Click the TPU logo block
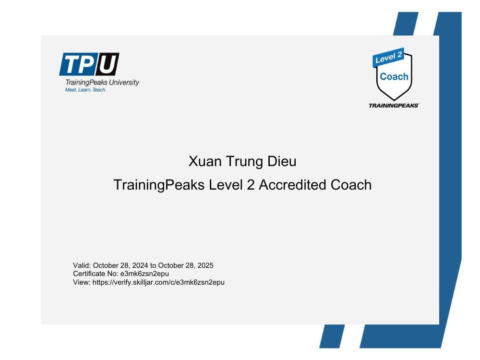tap(89, 64)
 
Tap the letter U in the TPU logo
tap(107, 64)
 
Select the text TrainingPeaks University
tap(102, 82)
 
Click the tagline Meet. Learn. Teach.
tap(85, 90)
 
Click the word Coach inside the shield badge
tap(394, 77)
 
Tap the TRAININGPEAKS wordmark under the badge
tap(394, 105)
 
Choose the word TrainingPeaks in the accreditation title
tap(159, 185)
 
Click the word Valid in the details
tap(82, 265)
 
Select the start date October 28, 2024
tap(120, 265)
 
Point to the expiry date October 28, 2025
tap(186, 265)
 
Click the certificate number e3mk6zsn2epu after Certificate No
tap(144, 274)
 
